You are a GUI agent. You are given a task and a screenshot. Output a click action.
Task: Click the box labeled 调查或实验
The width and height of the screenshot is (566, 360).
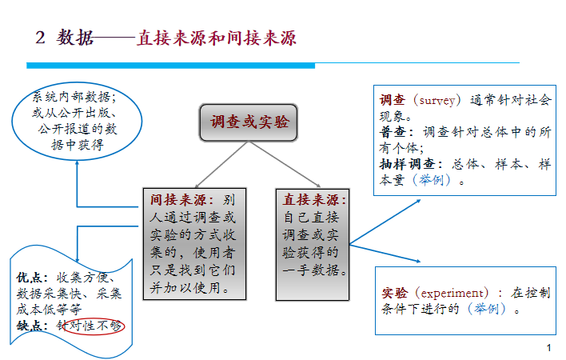pyautogui.click(x=248, y=122)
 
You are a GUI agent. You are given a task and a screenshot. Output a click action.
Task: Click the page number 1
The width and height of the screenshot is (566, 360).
pyautogui.click(x=549, y=348)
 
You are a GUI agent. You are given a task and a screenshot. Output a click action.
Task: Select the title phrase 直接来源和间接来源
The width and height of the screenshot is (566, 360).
pyautogui.click(x=216, y=38)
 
